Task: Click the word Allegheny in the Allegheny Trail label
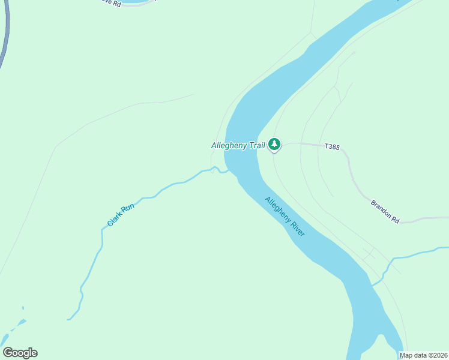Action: tap(229, 145)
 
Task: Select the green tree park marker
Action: tap(274, 144)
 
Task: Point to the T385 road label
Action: tap(332, 146)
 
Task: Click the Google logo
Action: tap(20, 353)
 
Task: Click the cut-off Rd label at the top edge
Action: tap(110, 3)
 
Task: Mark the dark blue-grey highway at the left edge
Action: tap(5, 36)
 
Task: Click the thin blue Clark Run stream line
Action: tap(90, 264)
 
